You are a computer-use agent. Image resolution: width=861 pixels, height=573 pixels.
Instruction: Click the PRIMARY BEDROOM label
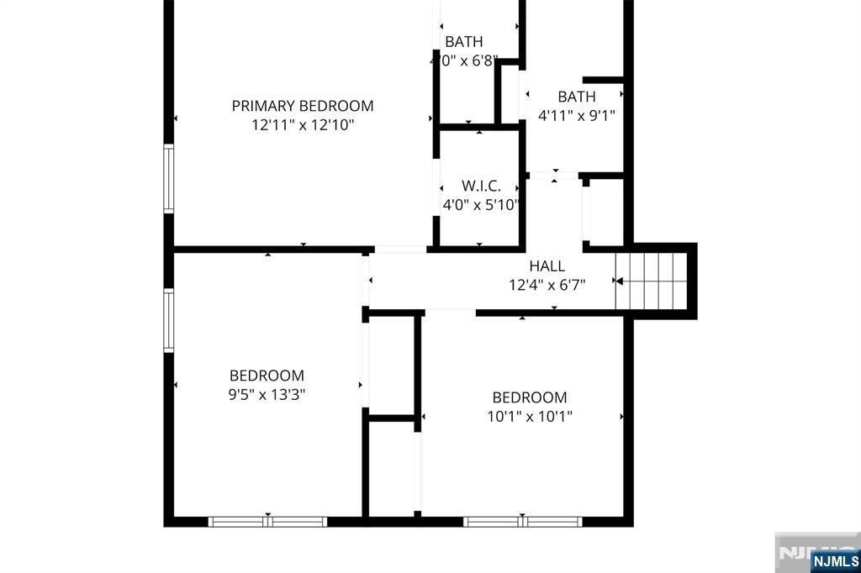click(x=303, y=106)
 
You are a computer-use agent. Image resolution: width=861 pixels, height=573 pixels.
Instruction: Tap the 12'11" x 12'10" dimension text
click(x=303, y=124)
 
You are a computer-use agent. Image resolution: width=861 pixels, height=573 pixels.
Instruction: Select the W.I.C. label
click(x=481, y=186)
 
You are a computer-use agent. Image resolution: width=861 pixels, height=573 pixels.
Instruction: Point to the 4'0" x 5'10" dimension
click(x=481, y=205)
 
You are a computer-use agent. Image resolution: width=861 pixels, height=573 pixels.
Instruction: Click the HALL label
click(x=547, y=266)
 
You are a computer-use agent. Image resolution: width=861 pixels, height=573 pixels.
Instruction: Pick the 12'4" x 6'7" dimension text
click(x=547, y=285)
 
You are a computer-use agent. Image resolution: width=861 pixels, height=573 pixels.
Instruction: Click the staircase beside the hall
click(x=652, y=281)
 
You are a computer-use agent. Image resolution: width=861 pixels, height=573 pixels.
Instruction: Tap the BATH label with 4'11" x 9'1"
click(x=577, y=97)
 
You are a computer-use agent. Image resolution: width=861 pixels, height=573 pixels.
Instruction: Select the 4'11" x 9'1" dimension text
click(x=577, y=115)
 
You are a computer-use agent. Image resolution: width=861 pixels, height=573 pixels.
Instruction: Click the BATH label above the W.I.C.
click(x=464, y=42)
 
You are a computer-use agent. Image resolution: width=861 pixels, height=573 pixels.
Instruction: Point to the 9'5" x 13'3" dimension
click(x=267, y=394)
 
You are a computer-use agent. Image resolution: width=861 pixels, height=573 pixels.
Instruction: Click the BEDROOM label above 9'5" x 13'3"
click(x=267, y=376)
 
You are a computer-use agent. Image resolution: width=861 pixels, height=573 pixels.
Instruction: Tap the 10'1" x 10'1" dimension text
click(x=530, y=416)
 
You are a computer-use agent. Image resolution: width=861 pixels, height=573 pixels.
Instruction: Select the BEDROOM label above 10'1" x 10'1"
click(x=530, y=397)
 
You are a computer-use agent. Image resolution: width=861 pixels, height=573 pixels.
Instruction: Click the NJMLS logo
click(x=835, y=560)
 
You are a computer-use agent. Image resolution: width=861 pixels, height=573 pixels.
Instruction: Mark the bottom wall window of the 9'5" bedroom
click(x=267, y=522)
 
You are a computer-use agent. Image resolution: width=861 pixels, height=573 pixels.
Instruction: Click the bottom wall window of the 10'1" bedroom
click(x=522, y=522)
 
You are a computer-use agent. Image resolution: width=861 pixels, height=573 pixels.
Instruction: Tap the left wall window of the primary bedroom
click(x=168, y=178)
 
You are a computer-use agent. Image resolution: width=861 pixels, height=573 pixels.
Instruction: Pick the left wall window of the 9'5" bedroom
click(x=168, y=321)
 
